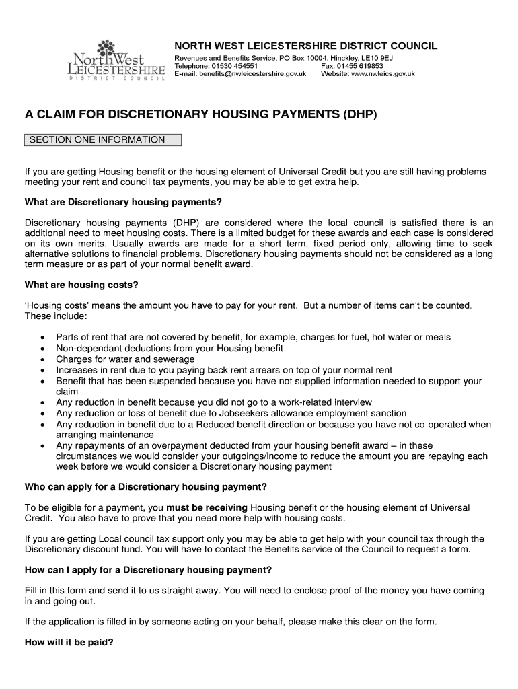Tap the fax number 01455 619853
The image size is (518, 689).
point(363,66)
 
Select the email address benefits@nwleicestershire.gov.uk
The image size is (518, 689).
point(253,74)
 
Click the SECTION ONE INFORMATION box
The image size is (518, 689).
point(103,140)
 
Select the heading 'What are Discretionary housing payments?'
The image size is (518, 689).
point(123,202)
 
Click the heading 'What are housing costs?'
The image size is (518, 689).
point(81,285)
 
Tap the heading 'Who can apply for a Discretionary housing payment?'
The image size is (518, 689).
point(146,486)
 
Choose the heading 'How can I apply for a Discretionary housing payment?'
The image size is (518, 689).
point(148,569)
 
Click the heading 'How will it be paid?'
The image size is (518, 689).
point(69,642)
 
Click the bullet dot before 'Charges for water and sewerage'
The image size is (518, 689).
point(43,359)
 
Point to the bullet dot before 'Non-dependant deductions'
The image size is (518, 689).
point(43,349)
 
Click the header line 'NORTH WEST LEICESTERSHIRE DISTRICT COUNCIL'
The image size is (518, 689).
point(306,46)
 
